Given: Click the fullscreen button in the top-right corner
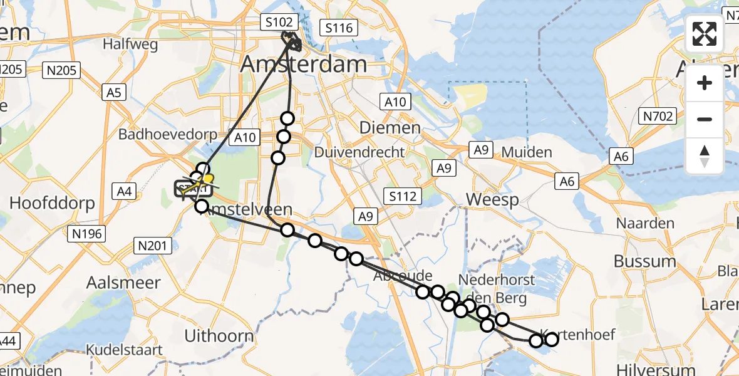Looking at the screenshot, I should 705,34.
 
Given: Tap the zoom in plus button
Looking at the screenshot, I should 705,83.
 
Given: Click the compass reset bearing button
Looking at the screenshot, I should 705,156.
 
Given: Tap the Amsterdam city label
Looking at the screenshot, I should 303,64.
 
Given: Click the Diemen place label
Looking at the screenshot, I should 390,128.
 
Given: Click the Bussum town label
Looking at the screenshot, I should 645,261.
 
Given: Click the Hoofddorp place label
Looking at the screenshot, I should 53,203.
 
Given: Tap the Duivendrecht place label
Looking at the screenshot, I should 359,152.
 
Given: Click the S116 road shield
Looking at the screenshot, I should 339,28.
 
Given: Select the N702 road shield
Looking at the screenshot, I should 657,115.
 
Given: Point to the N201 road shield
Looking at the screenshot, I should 153,246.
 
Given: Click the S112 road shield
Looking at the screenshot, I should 401,196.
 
